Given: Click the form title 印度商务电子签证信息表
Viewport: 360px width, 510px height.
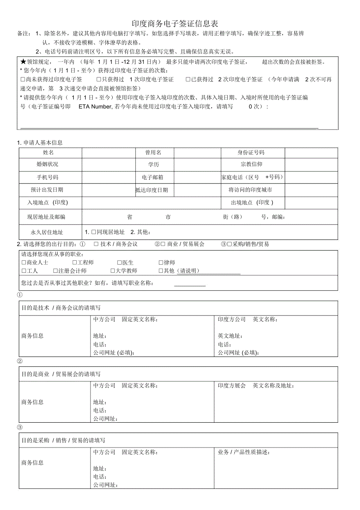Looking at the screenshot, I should tap(178, 24).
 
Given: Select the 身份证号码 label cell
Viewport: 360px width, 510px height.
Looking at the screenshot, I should tap(251, 153).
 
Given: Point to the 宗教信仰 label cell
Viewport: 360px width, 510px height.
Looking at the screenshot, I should tap(251, 164).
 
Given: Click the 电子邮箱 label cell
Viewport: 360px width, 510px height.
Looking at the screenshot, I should tap(153, 177).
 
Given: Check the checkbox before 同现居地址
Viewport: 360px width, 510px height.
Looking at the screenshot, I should tap(94, 232).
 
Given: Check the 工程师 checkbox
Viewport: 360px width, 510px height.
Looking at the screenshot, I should tap(75, 263).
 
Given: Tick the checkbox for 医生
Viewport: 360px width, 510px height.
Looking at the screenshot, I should tap(120, 263).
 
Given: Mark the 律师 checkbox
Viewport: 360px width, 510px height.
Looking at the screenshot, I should tap(161, 263).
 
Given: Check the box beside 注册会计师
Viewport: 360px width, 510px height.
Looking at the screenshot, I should tap(56, 271).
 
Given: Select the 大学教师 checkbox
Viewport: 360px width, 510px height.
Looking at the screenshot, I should tap(113, 271).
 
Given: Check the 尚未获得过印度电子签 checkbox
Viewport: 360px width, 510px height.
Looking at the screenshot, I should tap(23, 79).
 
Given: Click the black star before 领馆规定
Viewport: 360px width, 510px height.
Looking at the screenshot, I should tap(23, 62).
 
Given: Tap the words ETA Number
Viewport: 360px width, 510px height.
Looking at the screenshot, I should tap(96, 106).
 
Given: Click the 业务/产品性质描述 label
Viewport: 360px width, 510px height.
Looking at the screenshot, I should tap(244, 452).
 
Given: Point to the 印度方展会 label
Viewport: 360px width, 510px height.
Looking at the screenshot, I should tap(232, 386).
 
